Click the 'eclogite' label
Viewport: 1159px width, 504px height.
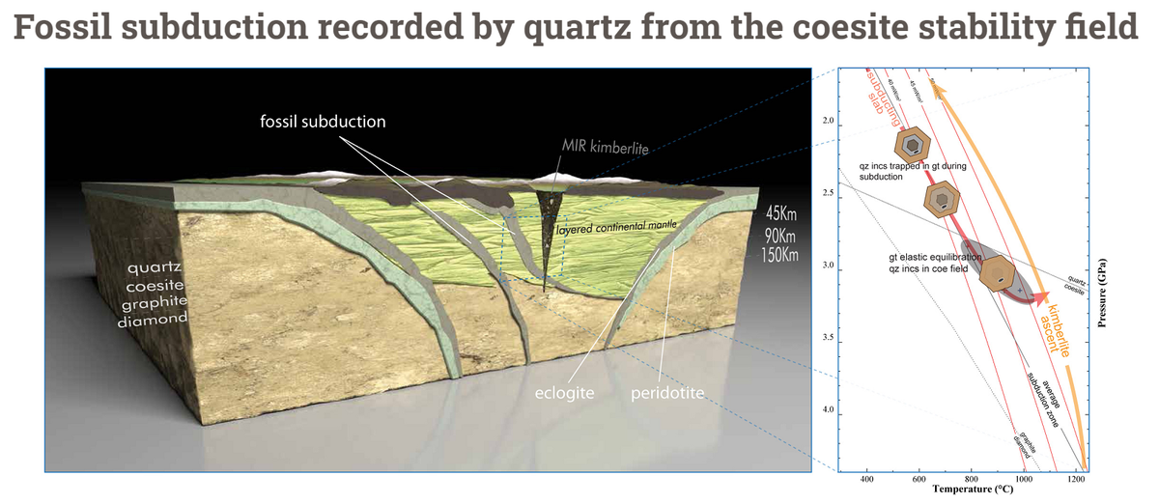565,395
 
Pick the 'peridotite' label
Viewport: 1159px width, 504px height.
666,395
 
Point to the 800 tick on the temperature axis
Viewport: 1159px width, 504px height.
972,479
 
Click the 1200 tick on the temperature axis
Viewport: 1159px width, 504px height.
1076,479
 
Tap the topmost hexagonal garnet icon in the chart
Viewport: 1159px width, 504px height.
911,144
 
